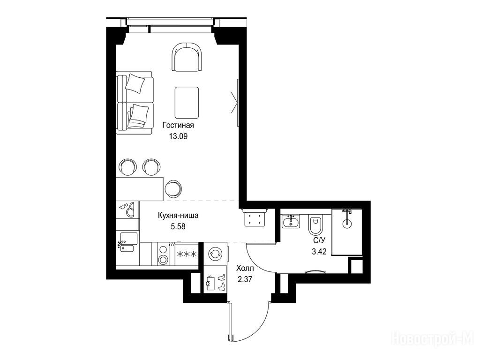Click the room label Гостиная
tap(178, 125)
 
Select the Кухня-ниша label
tap(178, 215)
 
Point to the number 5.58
tap(178, 226)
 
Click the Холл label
tap(245, 269)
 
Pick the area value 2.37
tap(245, 279)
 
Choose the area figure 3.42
tap(319, 252)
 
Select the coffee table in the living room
tap(187, 102)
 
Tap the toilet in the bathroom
tap(315, 225)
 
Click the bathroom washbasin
tap(291, 221)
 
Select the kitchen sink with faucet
tap(127, 242)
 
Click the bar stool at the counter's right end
tap(173, 188)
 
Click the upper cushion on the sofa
tap(135, 83)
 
